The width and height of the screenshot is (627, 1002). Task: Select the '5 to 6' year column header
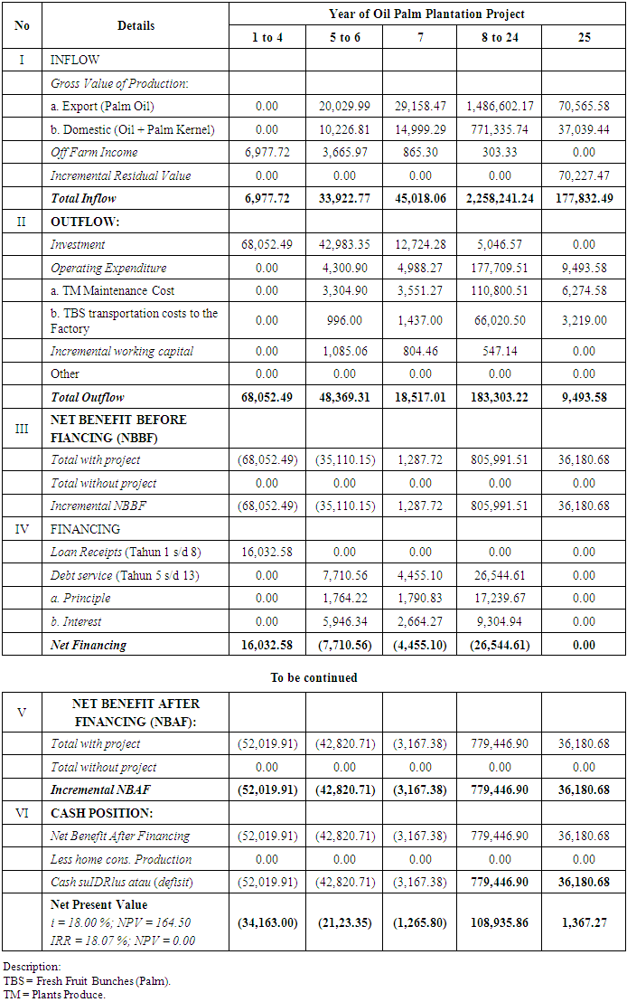(x=344, y=38)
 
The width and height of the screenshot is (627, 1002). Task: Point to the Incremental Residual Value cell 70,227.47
(x=584, y=175)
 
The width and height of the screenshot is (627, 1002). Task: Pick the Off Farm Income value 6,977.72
(x=267, y=152)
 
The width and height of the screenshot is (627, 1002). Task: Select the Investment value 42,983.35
(x=344, y=244)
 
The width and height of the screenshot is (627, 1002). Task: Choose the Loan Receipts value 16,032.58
(x=267, y=552)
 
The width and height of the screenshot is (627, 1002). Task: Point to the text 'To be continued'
(x=313, y=677)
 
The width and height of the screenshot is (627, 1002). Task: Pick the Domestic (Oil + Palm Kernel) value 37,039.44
(x=584, y=129)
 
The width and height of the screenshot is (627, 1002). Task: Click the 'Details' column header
(x=136, y=26)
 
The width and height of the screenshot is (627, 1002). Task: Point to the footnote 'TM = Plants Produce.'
(x=54, y=995)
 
